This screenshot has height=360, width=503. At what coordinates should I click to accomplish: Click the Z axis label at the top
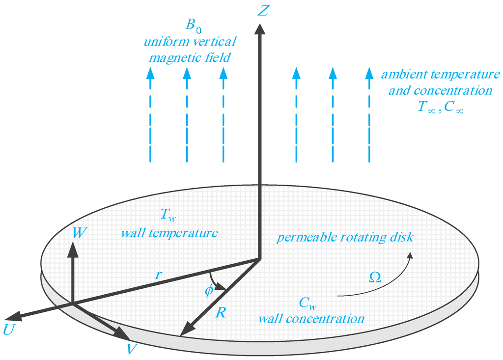click(x=263, y=10)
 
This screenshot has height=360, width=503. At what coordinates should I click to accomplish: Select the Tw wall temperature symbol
click(x=167, y=214)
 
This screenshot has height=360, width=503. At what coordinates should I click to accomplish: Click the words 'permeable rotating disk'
click(x=345, y=238)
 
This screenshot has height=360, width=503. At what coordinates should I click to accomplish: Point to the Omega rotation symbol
click(x=375, y=278)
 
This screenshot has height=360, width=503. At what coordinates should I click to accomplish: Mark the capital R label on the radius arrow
click(x=221, y=312)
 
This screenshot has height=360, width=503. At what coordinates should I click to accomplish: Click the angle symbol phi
click(x=209, y=290)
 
